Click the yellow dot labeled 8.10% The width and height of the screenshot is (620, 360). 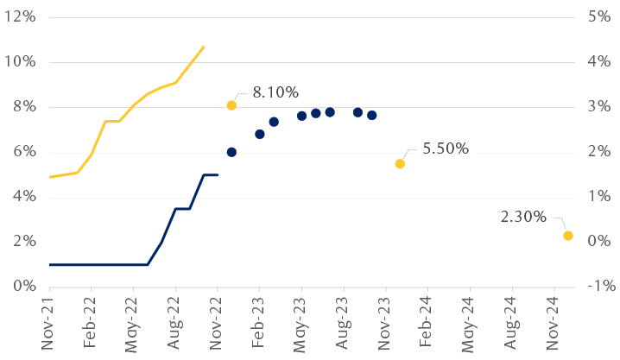coord(231,105)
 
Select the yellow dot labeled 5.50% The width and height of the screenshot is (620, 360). coord(400,164)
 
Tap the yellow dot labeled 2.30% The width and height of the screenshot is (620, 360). coord(567,236)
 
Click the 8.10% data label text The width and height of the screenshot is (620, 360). coord(275,92)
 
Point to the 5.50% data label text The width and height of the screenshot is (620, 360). coord(446,148)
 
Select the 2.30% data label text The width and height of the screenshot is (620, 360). coord(523,217)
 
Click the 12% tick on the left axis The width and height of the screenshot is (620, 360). coord(19,17)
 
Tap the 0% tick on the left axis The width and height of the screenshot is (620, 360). coord(23,286)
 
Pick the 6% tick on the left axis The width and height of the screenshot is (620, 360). coord(23,152)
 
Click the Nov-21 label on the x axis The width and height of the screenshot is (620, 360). coord(48,323)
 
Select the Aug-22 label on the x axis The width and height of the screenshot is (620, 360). coord(174,323)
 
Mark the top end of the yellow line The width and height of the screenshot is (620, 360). coord(204,47)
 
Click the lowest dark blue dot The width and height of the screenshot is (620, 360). coord(231,152)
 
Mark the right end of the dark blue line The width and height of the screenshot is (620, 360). coord(218,174)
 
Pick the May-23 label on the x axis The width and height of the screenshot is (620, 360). coord(301,323)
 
